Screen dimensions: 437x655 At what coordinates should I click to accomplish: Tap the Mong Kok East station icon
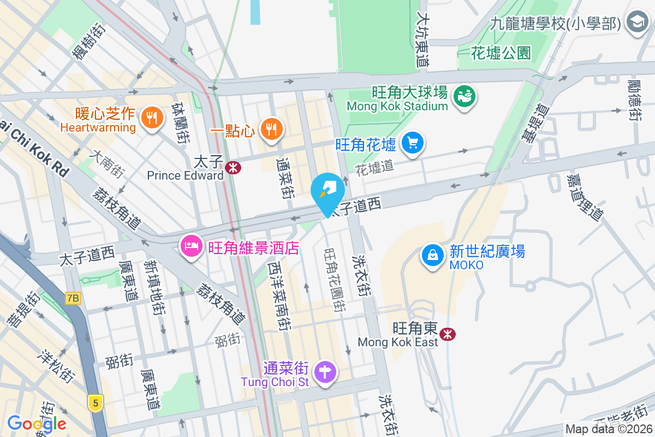click(x=448, y=333)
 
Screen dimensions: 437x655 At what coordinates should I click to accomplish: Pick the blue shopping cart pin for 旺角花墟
click(x=413, y=143)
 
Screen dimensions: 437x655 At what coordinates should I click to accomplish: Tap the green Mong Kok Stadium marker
click(x=465, y=97)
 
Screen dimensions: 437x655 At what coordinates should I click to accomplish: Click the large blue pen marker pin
click(x=327, y=190)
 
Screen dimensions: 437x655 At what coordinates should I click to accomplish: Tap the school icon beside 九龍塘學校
click(x=636, y=22)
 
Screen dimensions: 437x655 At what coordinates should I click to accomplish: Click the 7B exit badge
click(x=72, y=298)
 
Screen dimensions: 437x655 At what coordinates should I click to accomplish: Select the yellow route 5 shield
click(x=96, y=404)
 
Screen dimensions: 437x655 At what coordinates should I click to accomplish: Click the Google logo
click(x=37, y=423)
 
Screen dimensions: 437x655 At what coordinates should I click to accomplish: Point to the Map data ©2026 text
click(x=609, y=429)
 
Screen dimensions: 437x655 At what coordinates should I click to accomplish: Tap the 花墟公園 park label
click(x=501, y=53)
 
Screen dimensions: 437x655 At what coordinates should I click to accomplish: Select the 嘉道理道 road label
click(x=585, y=197)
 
